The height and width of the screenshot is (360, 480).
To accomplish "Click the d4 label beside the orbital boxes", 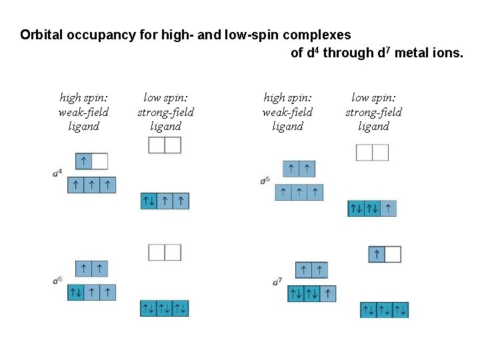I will click(58, 173).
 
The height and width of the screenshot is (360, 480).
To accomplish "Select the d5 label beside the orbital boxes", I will click(265, 180).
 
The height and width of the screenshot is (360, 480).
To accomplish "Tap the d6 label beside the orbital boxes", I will click(58, 281).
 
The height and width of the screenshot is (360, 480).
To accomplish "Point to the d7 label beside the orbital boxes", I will click(277, 282).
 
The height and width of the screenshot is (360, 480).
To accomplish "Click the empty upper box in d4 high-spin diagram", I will click(99, 161).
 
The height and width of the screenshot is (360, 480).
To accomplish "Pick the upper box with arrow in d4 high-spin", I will click(83, 161).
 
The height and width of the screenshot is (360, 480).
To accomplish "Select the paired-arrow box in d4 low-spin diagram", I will click(149, 201).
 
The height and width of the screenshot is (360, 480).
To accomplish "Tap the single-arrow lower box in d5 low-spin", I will click(389, 209).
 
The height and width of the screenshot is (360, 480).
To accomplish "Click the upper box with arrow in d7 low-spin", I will click(377, 255).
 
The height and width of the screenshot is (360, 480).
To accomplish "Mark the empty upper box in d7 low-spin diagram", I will click(393, 255).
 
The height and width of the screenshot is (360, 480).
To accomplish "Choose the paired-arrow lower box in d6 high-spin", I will click(76, 293).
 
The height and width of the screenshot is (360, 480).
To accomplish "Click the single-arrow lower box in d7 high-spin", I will click(327, 293).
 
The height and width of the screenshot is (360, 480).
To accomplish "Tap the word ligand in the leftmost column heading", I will click(83, 126).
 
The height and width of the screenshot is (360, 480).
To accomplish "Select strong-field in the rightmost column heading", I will click(373, 112).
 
